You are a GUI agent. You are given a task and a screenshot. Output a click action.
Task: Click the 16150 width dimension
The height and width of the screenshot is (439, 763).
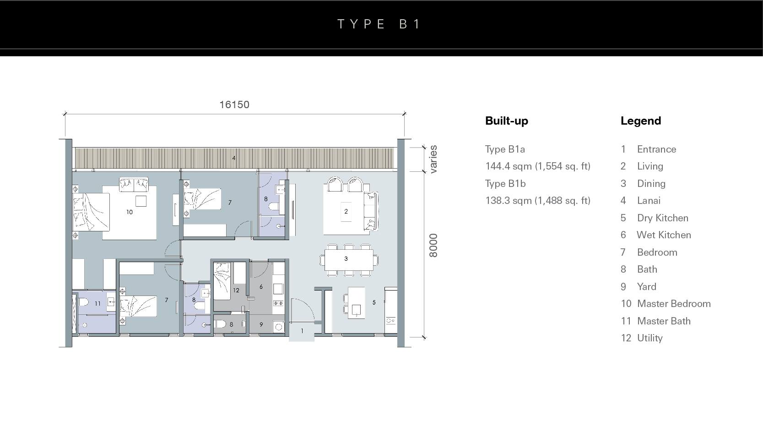234,105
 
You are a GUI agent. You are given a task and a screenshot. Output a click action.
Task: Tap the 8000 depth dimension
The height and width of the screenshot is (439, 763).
433,246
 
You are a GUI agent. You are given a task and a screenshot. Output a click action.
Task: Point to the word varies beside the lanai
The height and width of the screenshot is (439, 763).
433,159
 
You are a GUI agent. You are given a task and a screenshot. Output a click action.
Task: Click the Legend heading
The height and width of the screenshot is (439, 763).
641,121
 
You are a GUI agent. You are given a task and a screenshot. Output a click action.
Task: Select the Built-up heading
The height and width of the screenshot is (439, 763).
507,121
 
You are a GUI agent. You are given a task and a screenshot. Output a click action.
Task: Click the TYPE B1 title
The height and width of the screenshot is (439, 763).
379,24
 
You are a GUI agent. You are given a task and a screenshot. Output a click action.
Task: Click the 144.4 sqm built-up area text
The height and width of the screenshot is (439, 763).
538,166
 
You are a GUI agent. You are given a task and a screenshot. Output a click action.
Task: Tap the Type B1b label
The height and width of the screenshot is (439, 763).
505,183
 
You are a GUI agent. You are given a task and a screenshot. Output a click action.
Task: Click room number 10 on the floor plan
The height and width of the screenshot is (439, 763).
130,212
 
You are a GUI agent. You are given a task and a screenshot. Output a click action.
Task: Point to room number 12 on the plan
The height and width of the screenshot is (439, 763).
236,290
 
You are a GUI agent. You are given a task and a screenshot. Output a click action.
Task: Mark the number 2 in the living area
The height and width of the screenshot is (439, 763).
346,212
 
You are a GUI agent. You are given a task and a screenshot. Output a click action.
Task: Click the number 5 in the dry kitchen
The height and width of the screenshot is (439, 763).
374,302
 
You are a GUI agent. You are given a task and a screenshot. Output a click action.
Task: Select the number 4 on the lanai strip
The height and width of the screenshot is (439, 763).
234,158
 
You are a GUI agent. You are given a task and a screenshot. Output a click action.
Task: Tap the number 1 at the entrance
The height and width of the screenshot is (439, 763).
302,331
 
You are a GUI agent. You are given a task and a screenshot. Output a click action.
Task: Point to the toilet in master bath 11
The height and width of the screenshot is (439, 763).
83,302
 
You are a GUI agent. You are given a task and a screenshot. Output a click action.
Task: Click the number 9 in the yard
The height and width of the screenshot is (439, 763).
261,324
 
